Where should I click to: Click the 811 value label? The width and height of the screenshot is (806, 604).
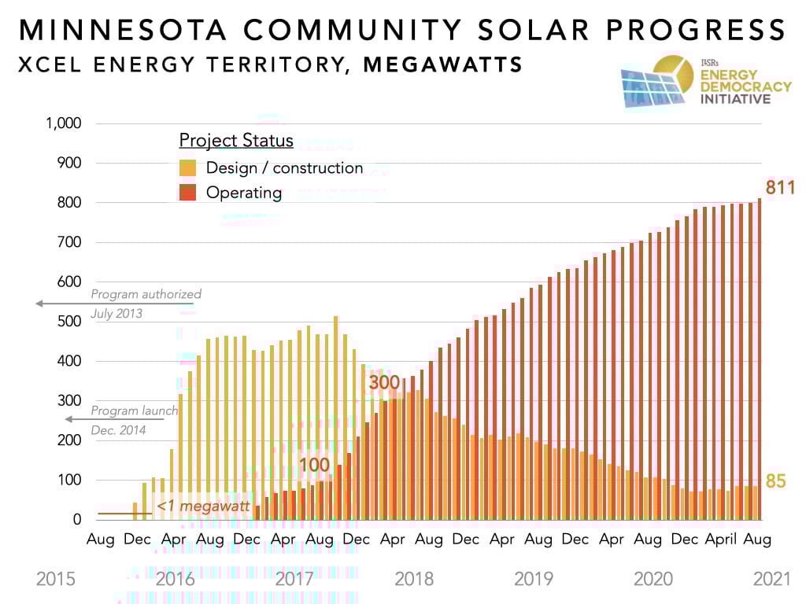click(x=780, y=188)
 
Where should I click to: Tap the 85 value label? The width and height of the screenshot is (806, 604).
click(x=776, y=481)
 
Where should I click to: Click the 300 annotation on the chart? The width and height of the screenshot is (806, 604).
click(x=384, y=382)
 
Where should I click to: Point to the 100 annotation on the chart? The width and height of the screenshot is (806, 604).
click(x=314, y=465)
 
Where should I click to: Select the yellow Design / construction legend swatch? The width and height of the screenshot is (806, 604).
click(x=187, y=168)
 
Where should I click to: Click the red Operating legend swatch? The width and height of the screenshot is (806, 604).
click(x=187, y=193)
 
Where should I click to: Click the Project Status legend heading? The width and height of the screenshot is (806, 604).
click(x=236, y=141)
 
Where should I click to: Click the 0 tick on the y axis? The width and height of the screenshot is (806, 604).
click(x=77, y=520)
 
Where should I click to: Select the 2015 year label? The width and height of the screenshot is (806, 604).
click(x=56, y=580)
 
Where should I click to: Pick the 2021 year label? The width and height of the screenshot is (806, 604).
click(x=771, y=580)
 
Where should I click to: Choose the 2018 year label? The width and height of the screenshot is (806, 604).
click(x=414, y=580)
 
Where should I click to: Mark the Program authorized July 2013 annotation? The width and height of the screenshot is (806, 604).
click(x=146, y=304)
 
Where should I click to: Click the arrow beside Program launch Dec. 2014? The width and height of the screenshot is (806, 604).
click(x=115, y=419)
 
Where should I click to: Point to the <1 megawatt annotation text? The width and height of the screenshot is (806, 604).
click(x=203, y=506)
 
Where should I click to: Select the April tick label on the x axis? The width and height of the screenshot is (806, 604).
click(x=720, y=540)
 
